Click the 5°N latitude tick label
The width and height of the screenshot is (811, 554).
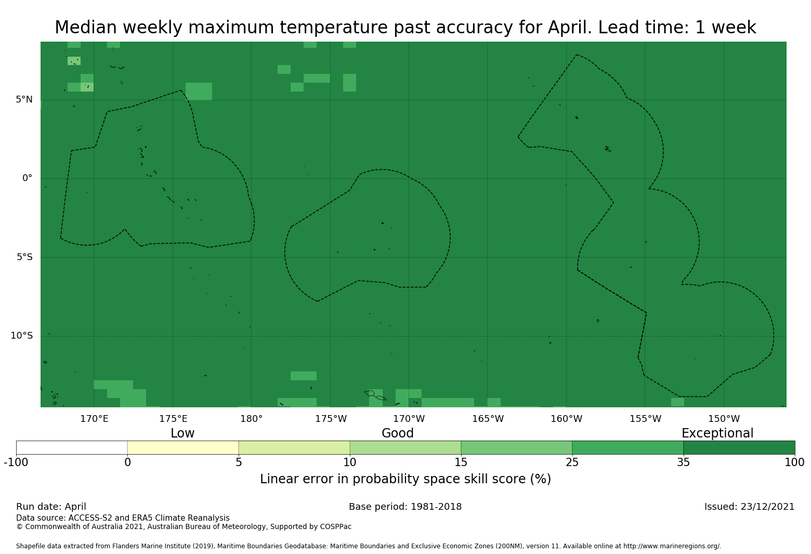tap(24, 99)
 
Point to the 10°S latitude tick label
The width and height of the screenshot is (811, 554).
tap(22, 336)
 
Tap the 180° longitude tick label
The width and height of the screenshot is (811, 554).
tap(251, 419)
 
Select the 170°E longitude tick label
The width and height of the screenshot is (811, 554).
tap(94, 419)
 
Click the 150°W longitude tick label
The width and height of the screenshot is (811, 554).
tap(724, 419)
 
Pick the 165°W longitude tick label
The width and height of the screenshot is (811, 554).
tap(488, 419)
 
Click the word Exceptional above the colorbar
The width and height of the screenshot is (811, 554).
tap(717, 433)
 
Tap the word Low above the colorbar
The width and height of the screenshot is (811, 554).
tap(182, 433)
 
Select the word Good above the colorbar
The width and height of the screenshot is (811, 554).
tap(397, 433)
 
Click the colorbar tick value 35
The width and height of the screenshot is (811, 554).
tap(683, 462)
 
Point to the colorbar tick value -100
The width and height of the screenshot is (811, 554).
tap(16, 462)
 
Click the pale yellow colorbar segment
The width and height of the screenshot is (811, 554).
tap(183, 447)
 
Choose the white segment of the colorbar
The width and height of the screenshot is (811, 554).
tap(72, 447)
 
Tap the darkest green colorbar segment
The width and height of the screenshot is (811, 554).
tap(739, 447)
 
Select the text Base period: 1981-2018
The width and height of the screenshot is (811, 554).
tap(405, 507)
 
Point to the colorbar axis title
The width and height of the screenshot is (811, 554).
tap(405, 479)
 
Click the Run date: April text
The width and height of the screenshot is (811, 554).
tap(51, 507)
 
